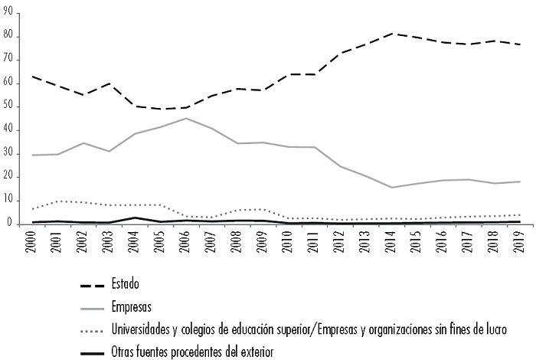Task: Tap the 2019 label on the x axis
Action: pos(521,244)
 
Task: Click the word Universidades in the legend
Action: pos(143,329)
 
